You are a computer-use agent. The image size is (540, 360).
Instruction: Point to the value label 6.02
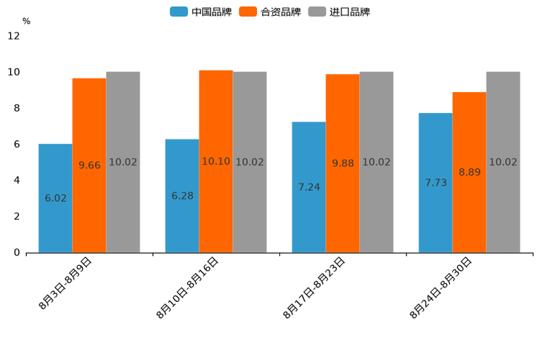coord(56,198)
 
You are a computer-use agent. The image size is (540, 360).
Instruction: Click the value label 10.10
coord(216,162)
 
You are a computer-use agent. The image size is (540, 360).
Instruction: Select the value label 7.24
coord(309,187)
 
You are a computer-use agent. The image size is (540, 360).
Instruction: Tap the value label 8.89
coord(470,173)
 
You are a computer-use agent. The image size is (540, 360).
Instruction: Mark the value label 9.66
coord(89,165)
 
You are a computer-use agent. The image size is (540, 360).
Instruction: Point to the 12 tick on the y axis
coord(15,36)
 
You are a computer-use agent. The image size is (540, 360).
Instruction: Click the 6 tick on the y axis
coord(17,144)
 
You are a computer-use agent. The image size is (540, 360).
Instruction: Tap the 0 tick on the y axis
coord(17,253)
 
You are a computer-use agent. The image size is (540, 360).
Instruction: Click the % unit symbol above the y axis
coord(26,22)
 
